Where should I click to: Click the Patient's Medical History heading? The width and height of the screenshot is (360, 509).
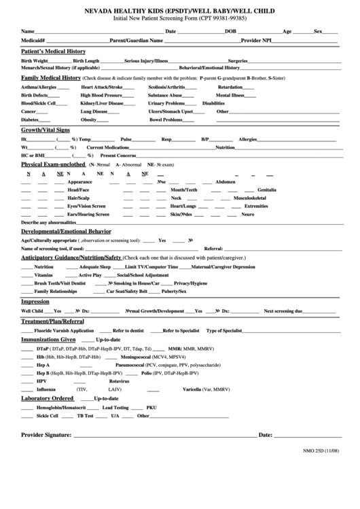(x=54, y=51)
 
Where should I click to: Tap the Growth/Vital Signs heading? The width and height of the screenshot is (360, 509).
(x=46, y=129)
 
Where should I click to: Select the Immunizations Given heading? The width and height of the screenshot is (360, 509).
(x=48, y=338)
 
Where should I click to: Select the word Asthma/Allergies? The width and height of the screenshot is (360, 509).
(x=39, y=87)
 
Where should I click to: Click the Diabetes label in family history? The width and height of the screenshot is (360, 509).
(x=31, y=119)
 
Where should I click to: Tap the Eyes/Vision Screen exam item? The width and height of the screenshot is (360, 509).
(x=86, y=206)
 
